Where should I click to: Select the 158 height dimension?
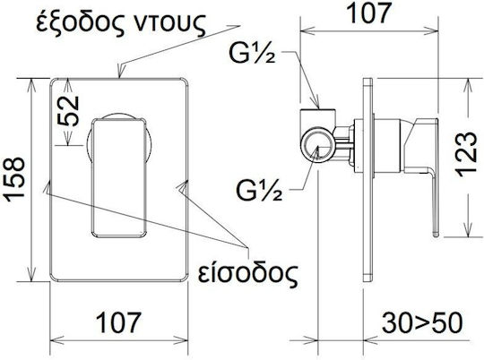[x=15, y=179]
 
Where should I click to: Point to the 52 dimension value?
[x=68, y=111]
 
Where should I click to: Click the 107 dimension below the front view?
[x=118, y=322]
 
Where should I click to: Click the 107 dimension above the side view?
[x=369, y=13]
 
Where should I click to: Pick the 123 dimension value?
[x=466, y=154]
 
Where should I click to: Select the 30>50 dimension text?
[x=422, y=322]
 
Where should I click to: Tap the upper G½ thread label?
[x=252, y=53]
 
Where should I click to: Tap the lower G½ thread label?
[x=259, y=190]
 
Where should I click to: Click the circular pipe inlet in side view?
[x=317, y=146]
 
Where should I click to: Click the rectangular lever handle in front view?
[x=118, y=178]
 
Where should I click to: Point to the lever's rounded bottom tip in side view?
[x=436, y=235]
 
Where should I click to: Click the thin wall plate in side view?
[x=368, y=179]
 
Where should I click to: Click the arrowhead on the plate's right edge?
[x=182, y=187]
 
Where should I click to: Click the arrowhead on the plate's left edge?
[x=47, y=187]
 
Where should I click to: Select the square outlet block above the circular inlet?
[x=317, y=118]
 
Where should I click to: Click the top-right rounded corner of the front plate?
[x=186, y=81]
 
